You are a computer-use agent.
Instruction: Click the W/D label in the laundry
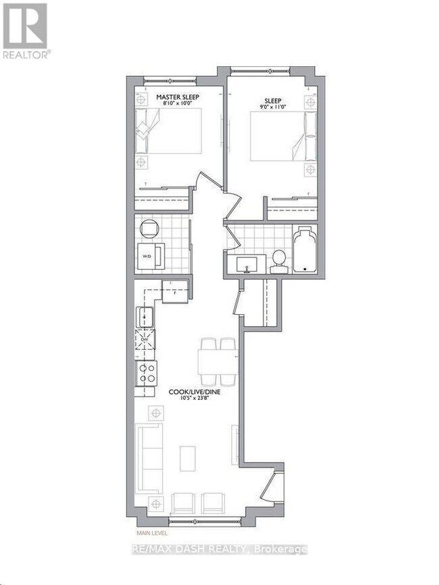(147, 256)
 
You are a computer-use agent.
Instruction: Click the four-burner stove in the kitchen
(147, 372)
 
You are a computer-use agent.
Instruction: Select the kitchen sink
(145, 315)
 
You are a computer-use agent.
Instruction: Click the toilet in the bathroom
(279, 261)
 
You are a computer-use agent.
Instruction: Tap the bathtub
(306, 250)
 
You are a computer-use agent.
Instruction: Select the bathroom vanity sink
(249, 263)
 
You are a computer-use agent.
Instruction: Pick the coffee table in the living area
(187, 459)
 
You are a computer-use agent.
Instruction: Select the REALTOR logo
(25, 30)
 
